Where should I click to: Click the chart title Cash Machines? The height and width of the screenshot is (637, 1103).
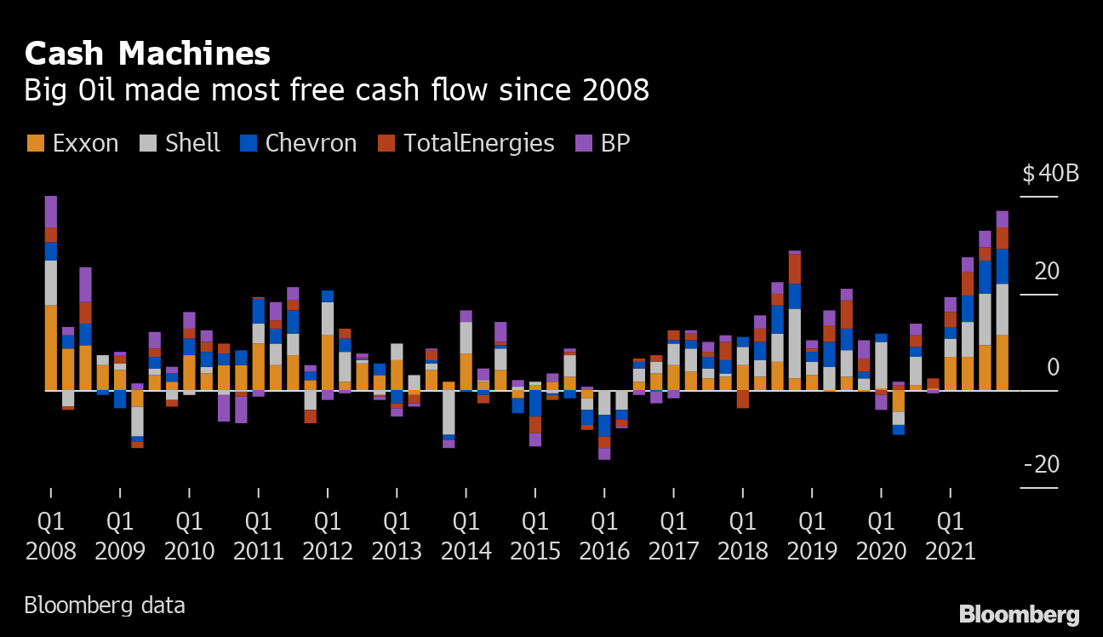pos(147,55)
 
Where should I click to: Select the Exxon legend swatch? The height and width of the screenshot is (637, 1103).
pos(35,143)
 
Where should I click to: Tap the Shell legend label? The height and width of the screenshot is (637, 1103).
pos(192,143)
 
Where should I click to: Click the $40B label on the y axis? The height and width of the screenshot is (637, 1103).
pos(1050,174)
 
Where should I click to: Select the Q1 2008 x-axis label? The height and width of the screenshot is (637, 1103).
pos(51,536)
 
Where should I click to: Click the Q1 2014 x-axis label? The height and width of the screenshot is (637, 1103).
pos(466,536)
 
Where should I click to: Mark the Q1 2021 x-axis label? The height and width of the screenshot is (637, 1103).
pos(951,536)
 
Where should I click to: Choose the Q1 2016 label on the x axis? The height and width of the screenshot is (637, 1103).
pos(604,536)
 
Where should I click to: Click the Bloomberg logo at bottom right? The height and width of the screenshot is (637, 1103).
pos(1020,614)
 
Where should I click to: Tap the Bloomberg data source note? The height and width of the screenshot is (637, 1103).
pos(104,605)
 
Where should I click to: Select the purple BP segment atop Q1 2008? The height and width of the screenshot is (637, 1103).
pos(51,211)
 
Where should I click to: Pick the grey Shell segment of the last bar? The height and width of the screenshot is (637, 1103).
pos(1003,309)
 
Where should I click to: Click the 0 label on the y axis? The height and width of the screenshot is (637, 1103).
pos(1052,368)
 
